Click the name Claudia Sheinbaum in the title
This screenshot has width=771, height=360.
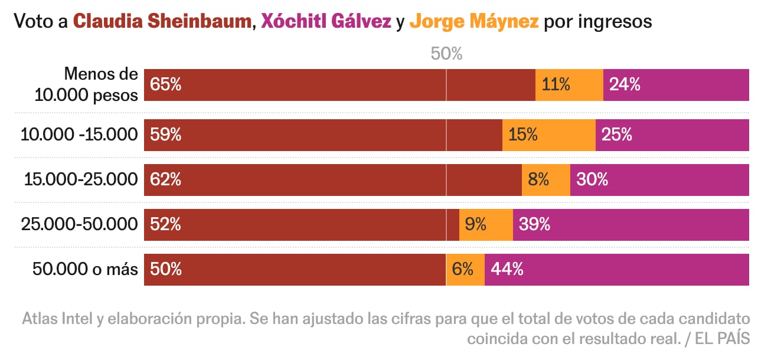point(162,22)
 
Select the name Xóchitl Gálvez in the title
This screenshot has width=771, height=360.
point(325,22)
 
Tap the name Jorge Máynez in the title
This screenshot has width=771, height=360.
point(473,22)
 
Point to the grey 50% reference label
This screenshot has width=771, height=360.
point(446,54)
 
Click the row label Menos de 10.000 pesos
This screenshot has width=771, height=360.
point(86,84)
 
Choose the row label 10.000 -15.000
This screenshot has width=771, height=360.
point(79,135)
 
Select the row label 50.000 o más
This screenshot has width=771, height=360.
point(85,270)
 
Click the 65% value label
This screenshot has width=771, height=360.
point(165,85)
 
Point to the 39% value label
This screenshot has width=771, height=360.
point(534,225)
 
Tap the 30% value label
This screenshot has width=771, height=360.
point(592,180)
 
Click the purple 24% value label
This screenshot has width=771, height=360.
point(625,85)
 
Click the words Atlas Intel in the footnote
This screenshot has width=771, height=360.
point(57,319)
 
